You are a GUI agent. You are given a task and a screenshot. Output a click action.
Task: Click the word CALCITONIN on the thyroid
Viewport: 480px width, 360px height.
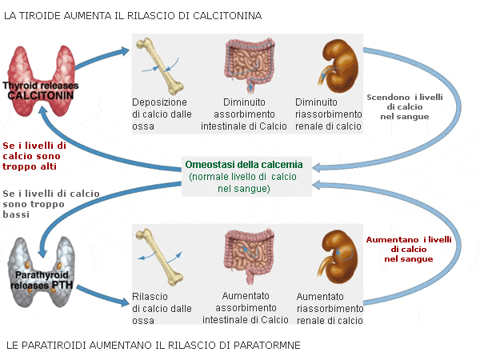pos(41,95)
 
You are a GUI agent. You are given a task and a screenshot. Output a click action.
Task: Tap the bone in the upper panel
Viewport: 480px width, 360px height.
pos(160,66)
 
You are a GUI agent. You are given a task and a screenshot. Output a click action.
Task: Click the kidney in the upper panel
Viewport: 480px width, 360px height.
pos(339,66)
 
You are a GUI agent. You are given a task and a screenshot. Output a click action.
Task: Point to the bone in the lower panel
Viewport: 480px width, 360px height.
pos(160,257)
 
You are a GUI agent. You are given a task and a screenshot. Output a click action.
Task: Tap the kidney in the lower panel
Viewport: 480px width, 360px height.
pos(338,257)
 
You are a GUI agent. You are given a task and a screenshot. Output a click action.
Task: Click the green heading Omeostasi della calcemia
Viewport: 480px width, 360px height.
pos(244,165)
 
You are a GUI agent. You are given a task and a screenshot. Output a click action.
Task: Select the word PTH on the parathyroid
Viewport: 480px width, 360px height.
pos(62,286)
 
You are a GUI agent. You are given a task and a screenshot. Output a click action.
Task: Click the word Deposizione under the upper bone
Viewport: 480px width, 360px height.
pos(159,102)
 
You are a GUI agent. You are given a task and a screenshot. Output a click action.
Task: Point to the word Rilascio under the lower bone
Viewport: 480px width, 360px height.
pos(150,297)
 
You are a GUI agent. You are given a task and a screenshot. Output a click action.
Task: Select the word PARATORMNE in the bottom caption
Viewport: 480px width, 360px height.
pos(267,346)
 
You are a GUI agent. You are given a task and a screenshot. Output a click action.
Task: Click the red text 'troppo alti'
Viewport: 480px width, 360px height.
pos(30,166)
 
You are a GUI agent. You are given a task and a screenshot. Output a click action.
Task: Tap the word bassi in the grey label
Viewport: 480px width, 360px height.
pos(16,214)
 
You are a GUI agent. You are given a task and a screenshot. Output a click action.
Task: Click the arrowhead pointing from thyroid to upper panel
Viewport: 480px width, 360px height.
pos(125,51)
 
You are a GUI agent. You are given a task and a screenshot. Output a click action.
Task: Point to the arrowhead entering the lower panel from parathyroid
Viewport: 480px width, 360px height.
pos(125,302)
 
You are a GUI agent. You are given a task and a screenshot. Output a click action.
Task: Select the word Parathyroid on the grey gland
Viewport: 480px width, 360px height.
pos(42,275)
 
